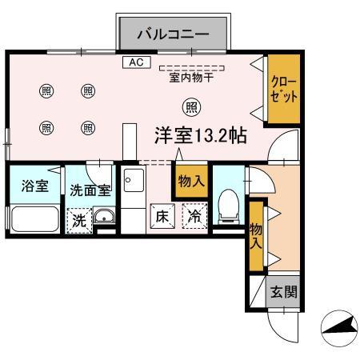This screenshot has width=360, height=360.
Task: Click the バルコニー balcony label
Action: (x=174, y=34)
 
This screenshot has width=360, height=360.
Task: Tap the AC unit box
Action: (x=134, y=62)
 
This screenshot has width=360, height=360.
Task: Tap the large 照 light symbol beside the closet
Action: (x=191, y=106)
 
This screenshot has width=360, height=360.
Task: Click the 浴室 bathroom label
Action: (x=34, y=186)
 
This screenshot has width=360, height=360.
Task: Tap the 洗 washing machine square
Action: (x=78, y=220)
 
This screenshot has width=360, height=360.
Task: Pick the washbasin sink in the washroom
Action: (x=103, y=216)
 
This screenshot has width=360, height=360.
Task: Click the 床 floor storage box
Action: (x=162, y=216)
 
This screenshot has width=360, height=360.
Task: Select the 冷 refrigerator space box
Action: (x=194, y=216)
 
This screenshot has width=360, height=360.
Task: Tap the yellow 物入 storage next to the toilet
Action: (x=190, y=181)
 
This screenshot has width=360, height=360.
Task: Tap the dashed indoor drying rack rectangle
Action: (x=192, y=68)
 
